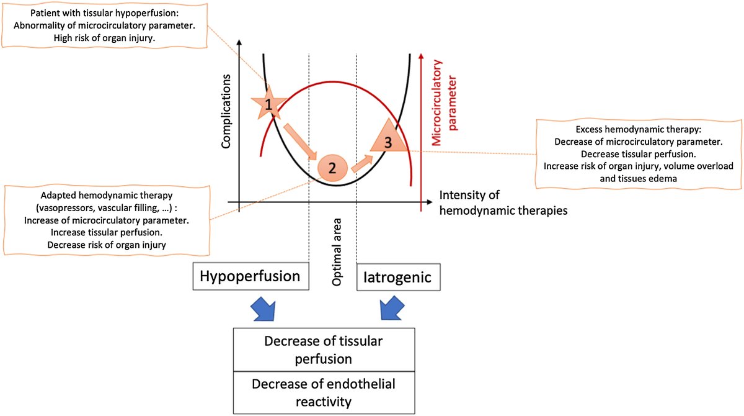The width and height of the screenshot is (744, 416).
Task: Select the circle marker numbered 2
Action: point(332,167)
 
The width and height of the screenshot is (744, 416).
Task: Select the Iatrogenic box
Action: point(399,277)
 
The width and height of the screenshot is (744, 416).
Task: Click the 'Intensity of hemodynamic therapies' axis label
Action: point(502,203)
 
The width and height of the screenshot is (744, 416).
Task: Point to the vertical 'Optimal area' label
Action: point(335,260)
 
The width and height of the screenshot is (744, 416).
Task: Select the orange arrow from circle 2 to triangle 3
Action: point(361,163)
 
